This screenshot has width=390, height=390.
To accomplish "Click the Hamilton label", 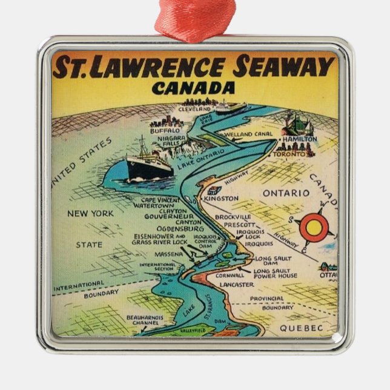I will (x=300, y=139).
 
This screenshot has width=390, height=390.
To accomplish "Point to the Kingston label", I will (x=222, y=198).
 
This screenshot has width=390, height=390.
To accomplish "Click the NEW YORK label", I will (x=90, y=213).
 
